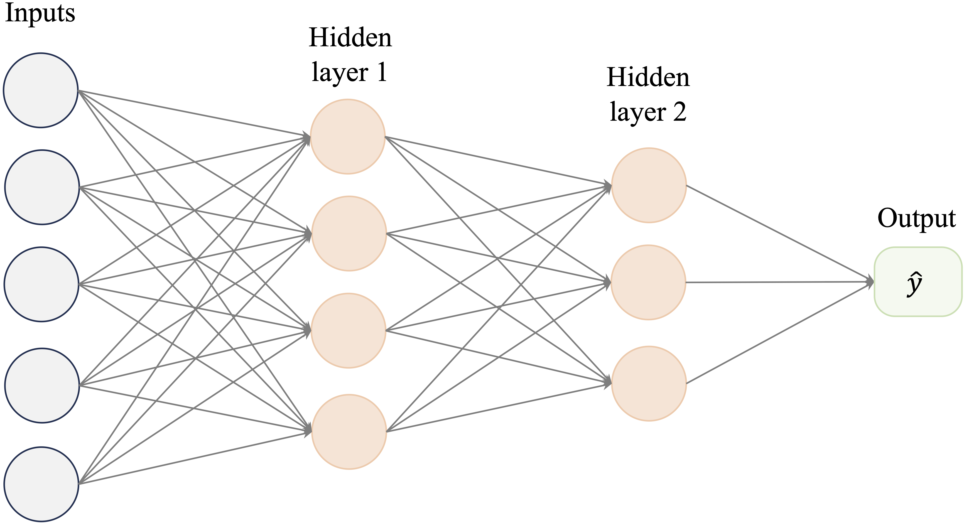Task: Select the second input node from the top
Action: [x=42, y=187]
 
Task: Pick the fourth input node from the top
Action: [x=42, y=385]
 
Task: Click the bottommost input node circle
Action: [x=41, y=484]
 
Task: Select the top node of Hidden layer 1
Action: [x=348, y=137]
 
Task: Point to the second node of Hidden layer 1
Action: [x=349, y=234]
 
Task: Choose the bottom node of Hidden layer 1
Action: [x=349, y=432]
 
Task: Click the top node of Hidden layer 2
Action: [x=649, y=185]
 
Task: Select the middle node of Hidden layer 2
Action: [x=648, y=282]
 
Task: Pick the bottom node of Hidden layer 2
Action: [x=649, y=383]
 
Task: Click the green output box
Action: [x=917, y=282]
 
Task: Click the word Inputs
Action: [x=40, y=13]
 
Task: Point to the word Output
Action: [x=917, y=219]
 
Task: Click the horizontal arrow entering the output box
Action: [x=778, y=282]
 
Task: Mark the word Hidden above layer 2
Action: [x=648, y=78]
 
